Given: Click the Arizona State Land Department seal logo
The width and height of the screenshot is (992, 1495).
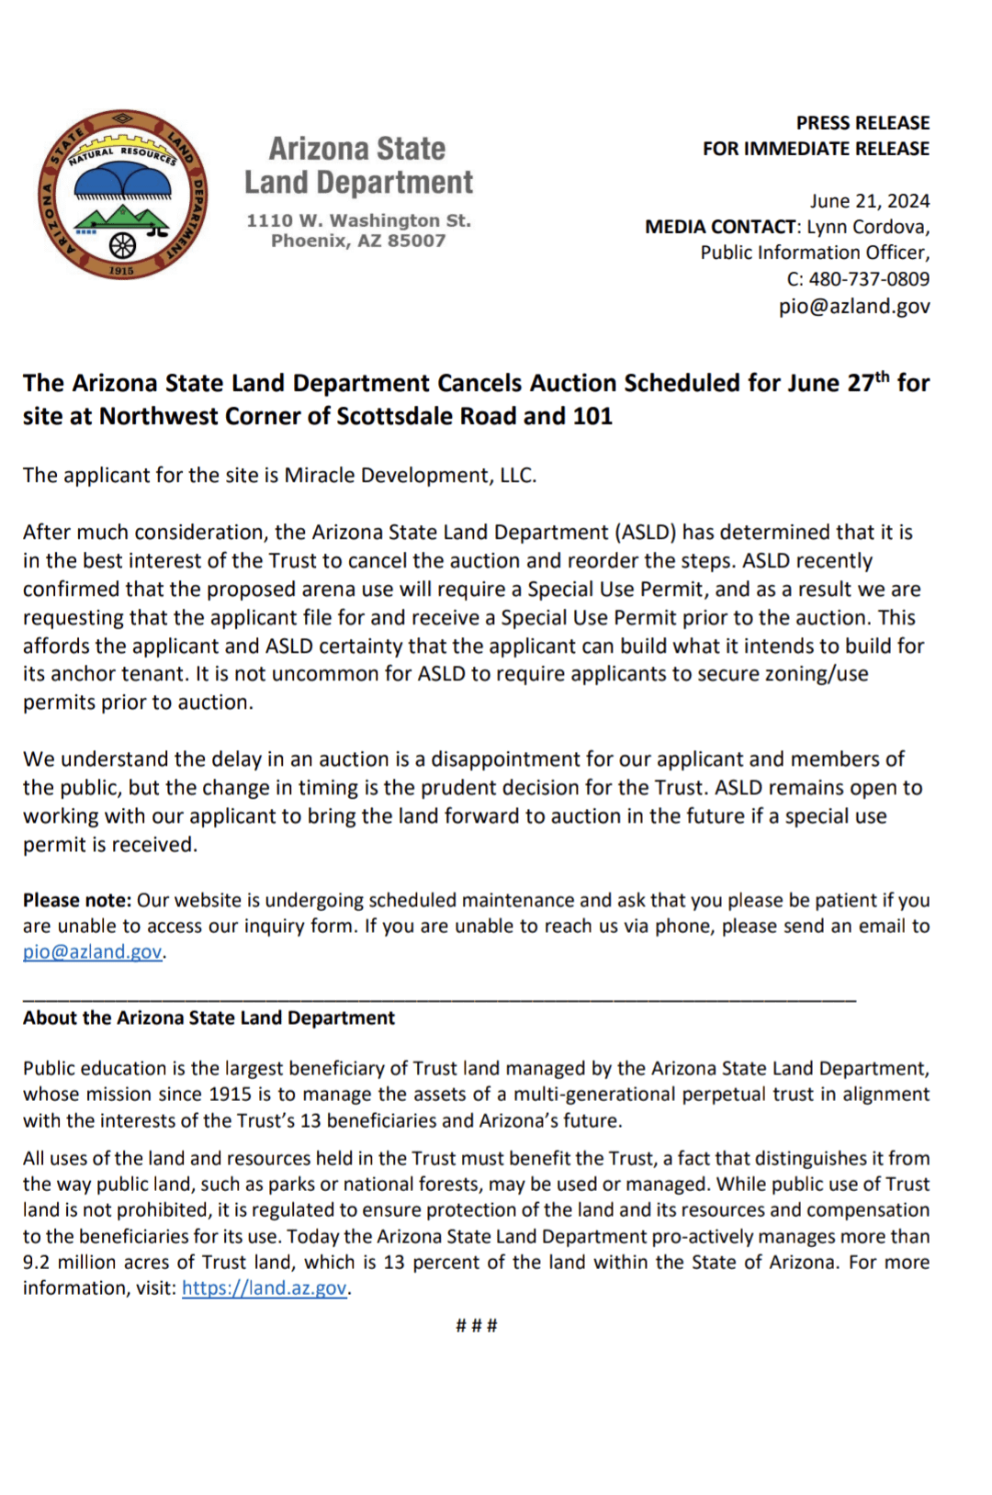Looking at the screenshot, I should click(x=122, y=195).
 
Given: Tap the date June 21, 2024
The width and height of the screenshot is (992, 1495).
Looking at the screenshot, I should click(x=869, y=201).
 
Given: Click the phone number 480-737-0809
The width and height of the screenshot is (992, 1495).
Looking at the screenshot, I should click(x=868, y=279).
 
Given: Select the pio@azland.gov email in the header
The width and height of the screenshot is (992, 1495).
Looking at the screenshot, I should click(x=853, y=306).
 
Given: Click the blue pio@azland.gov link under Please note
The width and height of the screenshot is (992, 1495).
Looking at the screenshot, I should click(x=93, y=952).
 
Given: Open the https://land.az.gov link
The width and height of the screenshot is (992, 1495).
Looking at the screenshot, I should click(x=265, y=1288).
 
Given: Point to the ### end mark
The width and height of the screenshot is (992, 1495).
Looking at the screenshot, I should click(x=477, y=1325).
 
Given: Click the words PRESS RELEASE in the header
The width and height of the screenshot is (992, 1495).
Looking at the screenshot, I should click(x=862, y=123).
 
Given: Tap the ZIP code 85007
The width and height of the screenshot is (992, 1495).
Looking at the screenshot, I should click(x=416, y=241).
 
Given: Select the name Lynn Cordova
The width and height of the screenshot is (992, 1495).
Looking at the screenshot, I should click(x=867, y=227).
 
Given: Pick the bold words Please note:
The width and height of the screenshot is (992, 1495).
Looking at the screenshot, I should click(x=77, y=900).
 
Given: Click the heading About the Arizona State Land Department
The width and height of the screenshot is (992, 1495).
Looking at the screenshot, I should click(x=209, y=1017).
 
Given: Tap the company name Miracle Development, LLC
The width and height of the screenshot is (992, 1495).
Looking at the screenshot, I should click(x=410, y=475).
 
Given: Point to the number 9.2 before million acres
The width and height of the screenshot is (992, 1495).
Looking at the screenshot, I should click(x=38, y=1263).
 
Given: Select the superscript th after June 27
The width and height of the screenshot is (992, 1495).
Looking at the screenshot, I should click(x=882, y=377).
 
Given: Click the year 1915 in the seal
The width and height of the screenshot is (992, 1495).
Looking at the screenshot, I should click(x=121, y=271).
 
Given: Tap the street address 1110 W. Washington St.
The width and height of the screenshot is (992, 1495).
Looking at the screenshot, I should click(x=358, y=220).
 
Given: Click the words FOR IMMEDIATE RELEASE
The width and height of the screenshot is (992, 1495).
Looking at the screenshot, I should click(x=816, y=149).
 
